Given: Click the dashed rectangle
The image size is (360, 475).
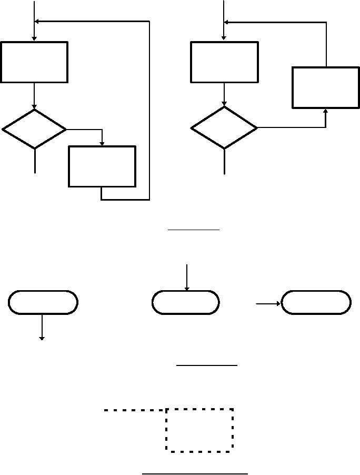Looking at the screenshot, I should (x=199, y=430).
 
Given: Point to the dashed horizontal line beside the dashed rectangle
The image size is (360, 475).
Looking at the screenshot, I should (x=135, y=410).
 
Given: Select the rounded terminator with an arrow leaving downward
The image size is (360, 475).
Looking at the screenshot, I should (x=43, y=302).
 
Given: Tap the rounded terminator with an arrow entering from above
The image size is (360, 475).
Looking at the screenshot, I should (x=185, y=302).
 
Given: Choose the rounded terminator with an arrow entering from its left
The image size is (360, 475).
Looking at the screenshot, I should (x=316, y=302).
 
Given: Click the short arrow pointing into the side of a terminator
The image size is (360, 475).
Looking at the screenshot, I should (x=268, y=304).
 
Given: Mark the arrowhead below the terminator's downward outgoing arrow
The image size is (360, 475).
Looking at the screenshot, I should (x=42, y=337).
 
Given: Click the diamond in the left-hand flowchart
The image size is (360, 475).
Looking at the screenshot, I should (x=34, y=129).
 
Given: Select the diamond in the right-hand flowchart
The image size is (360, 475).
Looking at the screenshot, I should (x=224, y=128).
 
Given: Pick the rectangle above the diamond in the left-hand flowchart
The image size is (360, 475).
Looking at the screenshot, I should (x=34, y=62).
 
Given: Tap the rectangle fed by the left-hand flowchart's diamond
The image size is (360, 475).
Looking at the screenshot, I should (x=102, y=166).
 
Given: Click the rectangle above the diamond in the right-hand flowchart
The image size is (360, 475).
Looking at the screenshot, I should (x=224, y=62).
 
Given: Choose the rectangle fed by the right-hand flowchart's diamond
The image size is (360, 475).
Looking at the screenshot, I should (x=326, y=87).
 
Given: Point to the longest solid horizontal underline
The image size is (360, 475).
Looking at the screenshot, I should (x=195, y=473).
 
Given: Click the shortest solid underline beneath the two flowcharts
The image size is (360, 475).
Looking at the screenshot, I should (x=193, y=230).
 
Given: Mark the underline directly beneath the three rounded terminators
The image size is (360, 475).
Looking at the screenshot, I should (x=206, y=364).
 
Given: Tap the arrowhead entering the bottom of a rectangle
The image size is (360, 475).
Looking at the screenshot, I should (x=326, y=111).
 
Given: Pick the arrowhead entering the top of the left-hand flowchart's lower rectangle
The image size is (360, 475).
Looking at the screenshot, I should (x=102, y=143).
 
